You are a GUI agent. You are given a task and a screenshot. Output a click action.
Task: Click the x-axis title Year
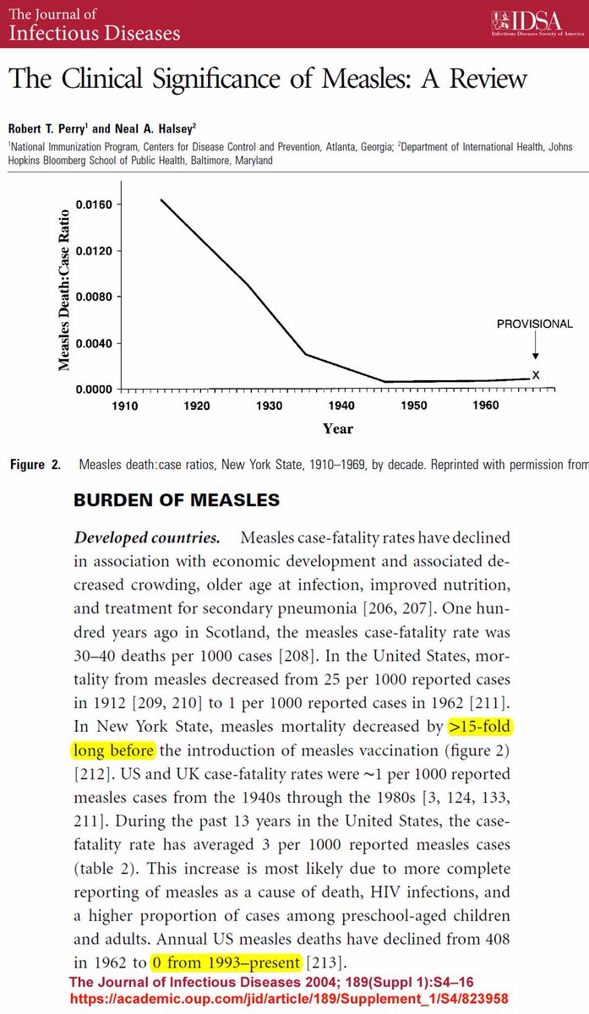click(337, 428)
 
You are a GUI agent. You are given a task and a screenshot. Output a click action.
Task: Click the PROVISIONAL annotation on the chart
click(534, 324)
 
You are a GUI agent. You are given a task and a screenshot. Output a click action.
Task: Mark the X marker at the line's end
click(536, 375)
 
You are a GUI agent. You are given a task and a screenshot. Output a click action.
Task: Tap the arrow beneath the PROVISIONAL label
click(535, 349)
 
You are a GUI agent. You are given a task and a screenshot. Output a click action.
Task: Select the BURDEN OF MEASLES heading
click(177, 500)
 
